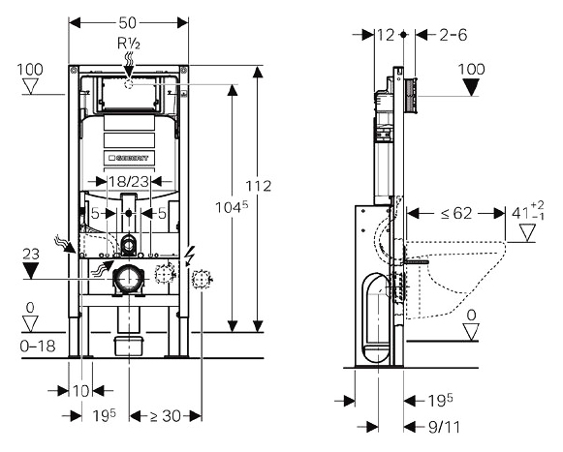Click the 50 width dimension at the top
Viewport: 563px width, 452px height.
click(x=128, y=23)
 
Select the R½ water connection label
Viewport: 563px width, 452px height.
click(x=129, y=44)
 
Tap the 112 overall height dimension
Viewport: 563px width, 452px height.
click(x=259, y=186)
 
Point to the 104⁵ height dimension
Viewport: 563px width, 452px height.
click(x=232, y=207)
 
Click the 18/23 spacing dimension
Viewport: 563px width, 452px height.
click(x=129, y=182)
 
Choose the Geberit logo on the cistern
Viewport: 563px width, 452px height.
click(x=129, y=158)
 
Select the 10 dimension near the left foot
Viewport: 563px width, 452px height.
click(x=80, y=391)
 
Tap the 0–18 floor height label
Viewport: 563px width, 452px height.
click(x=38, y=347)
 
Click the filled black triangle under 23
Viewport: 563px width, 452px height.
click(x=31, y=270)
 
